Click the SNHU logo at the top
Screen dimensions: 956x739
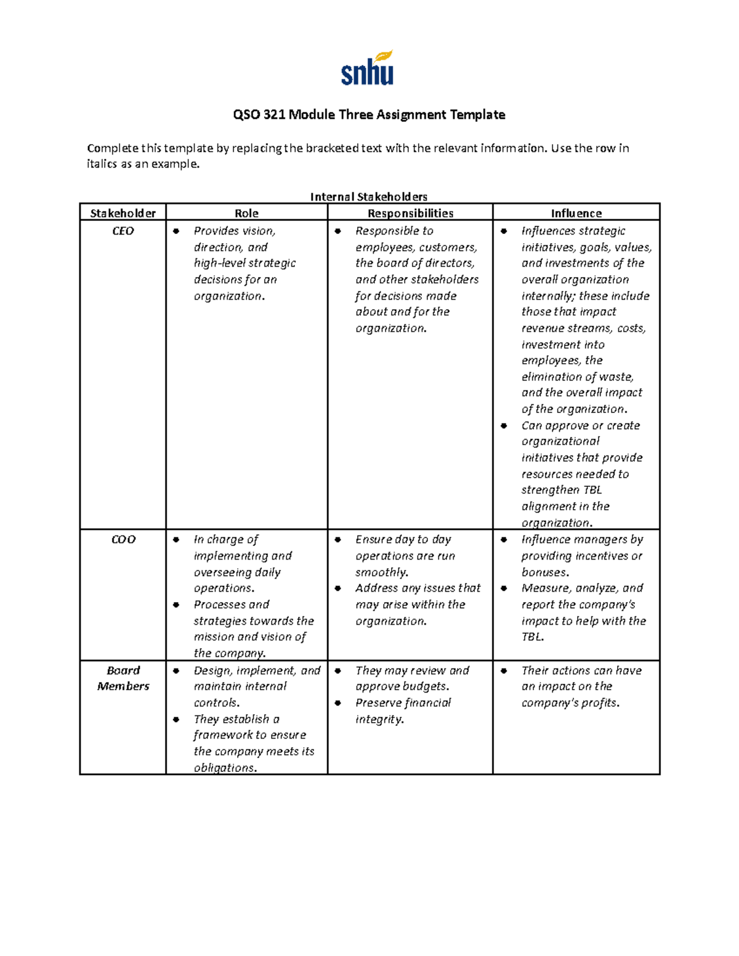tap(367, 68)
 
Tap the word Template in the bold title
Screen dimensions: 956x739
tap(477, 114)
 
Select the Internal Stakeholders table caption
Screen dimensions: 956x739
tap(368, 196)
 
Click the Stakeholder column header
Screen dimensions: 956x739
tap(123, 213)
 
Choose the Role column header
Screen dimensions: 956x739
tap(246, 213)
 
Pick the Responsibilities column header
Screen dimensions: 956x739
tap(410, 213)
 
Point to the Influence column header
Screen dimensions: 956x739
tap(576, 213)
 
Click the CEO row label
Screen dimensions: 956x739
tap(123, 231)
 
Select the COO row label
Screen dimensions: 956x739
tap(123, 539)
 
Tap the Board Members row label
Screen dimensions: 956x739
tap(123, 678)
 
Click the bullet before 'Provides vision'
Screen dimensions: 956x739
tap(176, 231)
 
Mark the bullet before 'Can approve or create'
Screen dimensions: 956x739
tap(504, 425)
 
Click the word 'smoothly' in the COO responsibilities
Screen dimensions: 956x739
tap(381, 572)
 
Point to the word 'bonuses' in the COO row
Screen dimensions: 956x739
tap(544, 572)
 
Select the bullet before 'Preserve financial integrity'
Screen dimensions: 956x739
tap(338, 703)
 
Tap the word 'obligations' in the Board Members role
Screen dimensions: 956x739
tap(225, 768)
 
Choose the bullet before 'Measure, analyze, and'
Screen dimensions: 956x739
tap(504, 588)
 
